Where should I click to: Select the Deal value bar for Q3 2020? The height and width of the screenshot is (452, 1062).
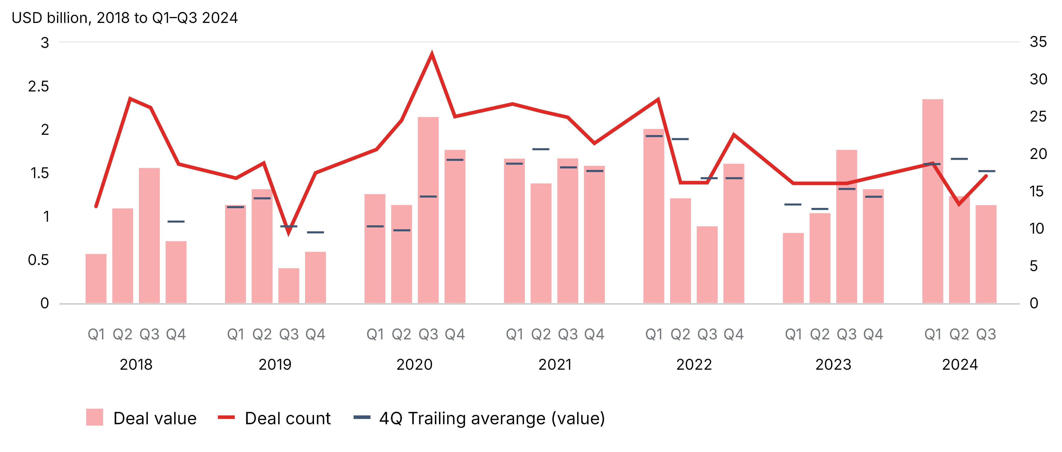point(428,210)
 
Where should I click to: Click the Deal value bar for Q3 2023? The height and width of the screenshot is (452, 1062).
point(846,227)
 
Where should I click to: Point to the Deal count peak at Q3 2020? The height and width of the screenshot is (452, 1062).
point(432,54)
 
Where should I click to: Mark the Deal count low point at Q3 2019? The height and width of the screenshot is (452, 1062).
point(289,233)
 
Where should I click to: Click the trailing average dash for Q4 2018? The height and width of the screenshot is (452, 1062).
point(176,222)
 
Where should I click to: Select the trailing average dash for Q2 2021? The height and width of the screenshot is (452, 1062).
point(541,149)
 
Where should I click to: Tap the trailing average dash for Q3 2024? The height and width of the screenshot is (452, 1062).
point(987,171)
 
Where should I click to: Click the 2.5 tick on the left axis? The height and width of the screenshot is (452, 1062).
point(38,87)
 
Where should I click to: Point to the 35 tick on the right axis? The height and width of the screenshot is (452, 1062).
point(1038,42)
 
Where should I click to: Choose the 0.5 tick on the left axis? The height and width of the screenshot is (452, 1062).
point(38,260)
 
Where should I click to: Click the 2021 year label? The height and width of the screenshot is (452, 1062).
point(555,365)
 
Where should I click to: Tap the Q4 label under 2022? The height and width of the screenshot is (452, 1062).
point(734,334)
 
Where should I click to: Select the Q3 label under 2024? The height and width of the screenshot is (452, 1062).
point(986,334)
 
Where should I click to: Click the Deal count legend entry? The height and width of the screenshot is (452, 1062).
point(287,418)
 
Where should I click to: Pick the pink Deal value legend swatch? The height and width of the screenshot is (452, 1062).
point(94,417)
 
